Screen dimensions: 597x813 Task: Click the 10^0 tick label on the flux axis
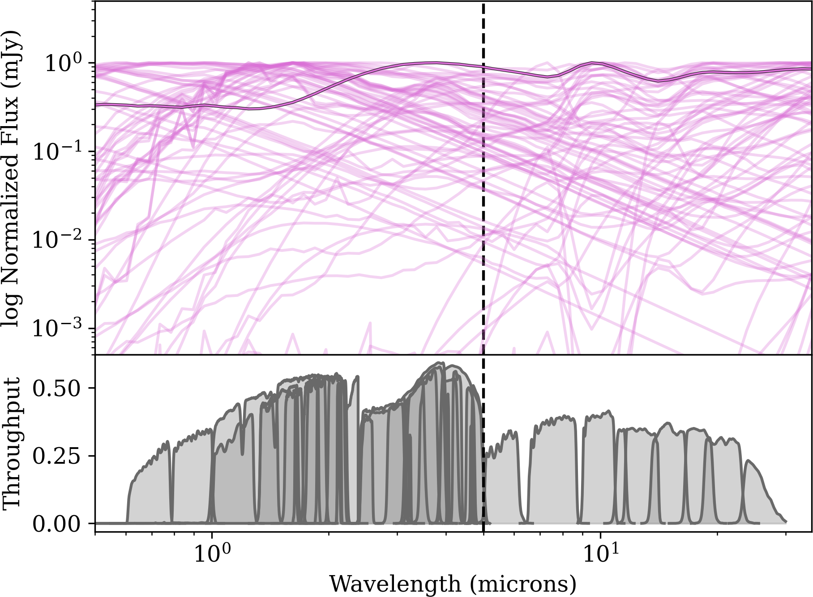[x=63, y=64]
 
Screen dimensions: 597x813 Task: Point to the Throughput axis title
[x=12, y=443]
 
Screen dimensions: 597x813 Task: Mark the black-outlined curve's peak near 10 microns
[x=592, y=63]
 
